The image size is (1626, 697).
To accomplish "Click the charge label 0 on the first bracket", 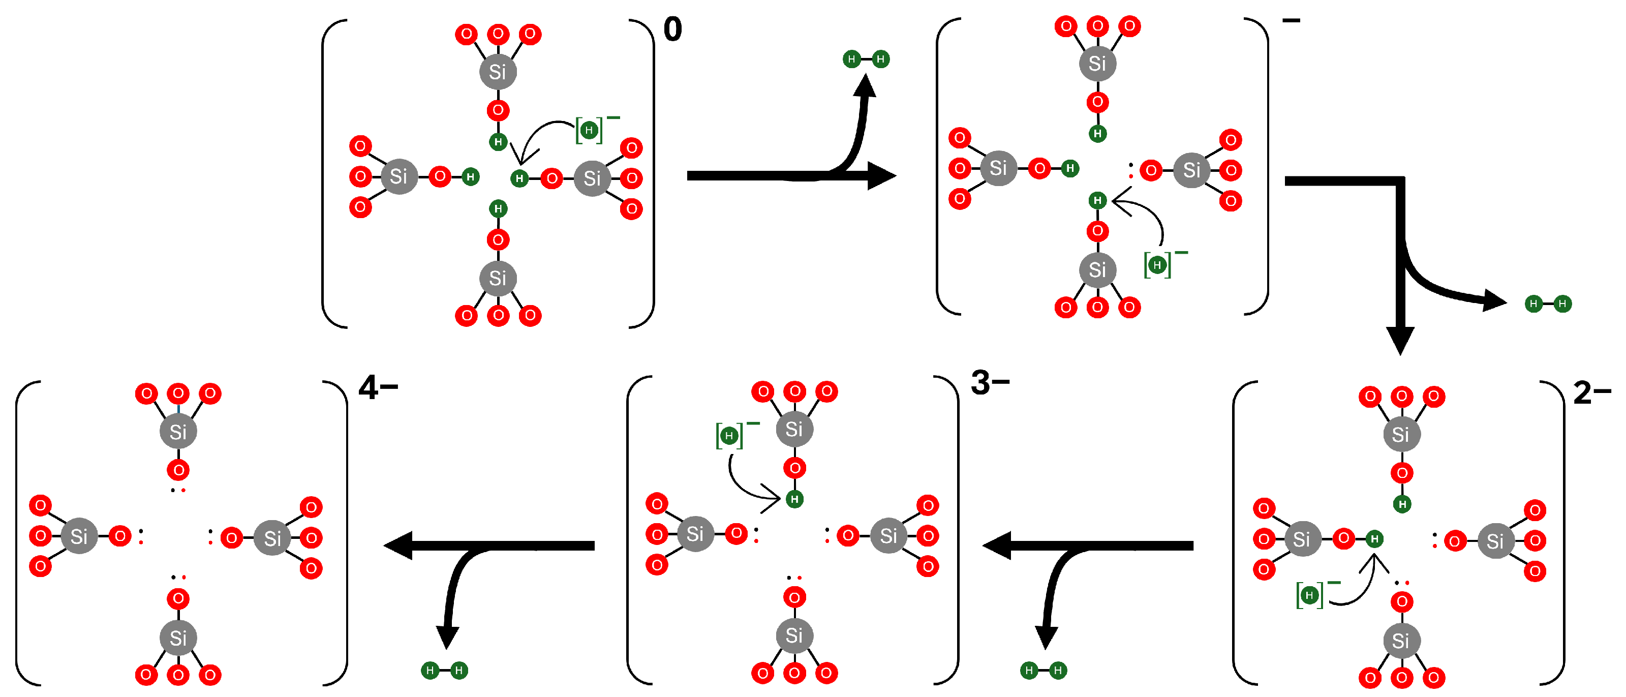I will click(672, 29).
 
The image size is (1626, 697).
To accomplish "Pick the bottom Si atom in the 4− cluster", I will click(178, 638).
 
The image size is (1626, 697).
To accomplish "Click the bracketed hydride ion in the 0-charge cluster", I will click(589, 130).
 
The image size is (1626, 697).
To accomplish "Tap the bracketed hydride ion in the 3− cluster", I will click(729, 436).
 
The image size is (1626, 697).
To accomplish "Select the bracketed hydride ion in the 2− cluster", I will click(1309, 595).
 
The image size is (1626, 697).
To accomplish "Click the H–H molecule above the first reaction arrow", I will click(866, 59).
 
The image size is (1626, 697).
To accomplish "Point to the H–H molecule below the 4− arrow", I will click(444, 670).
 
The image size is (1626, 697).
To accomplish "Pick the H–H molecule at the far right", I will click(1548, 304).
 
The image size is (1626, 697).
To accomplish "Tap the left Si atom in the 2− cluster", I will click(1302, 539).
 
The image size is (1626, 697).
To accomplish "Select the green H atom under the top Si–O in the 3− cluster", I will click(794, 499).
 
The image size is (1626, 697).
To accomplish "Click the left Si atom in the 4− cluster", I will click(79, 536).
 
